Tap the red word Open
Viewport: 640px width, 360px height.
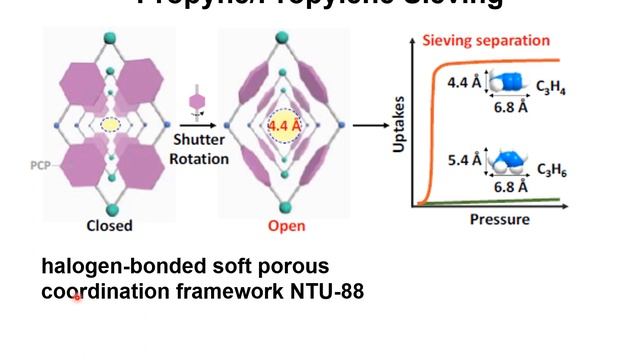(286, 225)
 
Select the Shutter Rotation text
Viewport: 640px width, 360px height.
(200, 149)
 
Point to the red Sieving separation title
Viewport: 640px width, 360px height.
(486, 41)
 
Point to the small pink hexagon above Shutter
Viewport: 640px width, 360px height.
(196, 102)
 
